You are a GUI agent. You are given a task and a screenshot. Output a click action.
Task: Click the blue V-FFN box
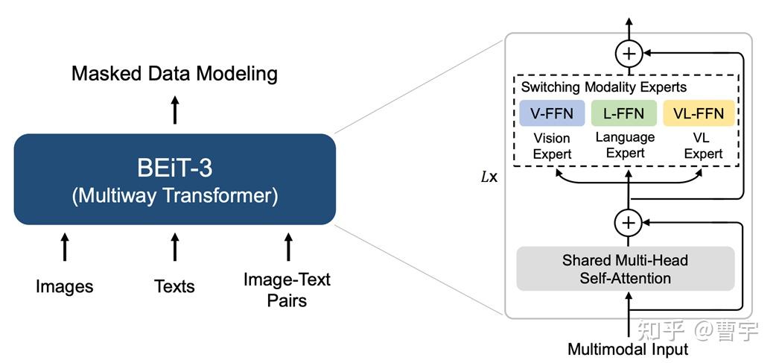[552, 113]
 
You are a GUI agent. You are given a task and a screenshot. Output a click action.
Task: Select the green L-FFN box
[623, 113]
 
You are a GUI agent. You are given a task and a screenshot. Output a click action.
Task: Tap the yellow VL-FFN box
[699, 113]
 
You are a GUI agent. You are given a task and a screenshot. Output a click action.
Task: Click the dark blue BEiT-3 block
[175, 179]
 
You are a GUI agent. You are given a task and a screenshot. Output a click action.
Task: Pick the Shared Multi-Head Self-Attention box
[626, 268]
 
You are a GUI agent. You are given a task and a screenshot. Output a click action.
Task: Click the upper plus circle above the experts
[629, 53]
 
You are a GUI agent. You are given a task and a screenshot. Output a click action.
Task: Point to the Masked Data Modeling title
[174, 74]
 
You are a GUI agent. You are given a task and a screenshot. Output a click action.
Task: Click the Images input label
[64, 286]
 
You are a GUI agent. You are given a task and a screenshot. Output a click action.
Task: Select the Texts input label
[174, 286]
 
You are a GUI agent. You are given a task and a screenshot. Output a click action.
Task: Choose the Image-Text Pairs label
[287, 289]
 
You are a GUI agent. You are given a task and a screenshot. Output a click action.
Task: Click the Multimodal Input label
[628, 349]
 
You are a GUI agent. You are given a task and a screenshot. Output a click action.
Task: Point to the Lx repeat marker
[489, 177]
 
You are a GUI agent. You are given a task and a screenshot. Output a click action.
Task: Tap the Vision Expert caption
[551, 145]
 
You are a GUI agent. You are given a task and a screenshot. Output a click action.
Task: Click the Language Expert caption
[626, 145]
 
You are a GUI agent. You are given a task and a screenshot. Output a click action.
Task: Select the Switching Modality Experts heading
[604, 87]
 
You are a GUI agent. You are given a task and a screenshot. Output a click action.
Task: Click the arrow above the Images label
[64, 247]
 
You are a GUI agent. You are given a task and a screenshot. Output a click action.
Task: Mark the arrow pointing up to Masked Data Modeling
[174, 110]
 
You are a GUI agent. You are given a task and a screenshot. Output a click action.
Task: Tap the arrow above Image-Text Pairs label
[287, 247]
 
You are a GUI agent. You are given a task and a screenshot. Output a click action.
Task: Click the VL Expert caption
[703, 145]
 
